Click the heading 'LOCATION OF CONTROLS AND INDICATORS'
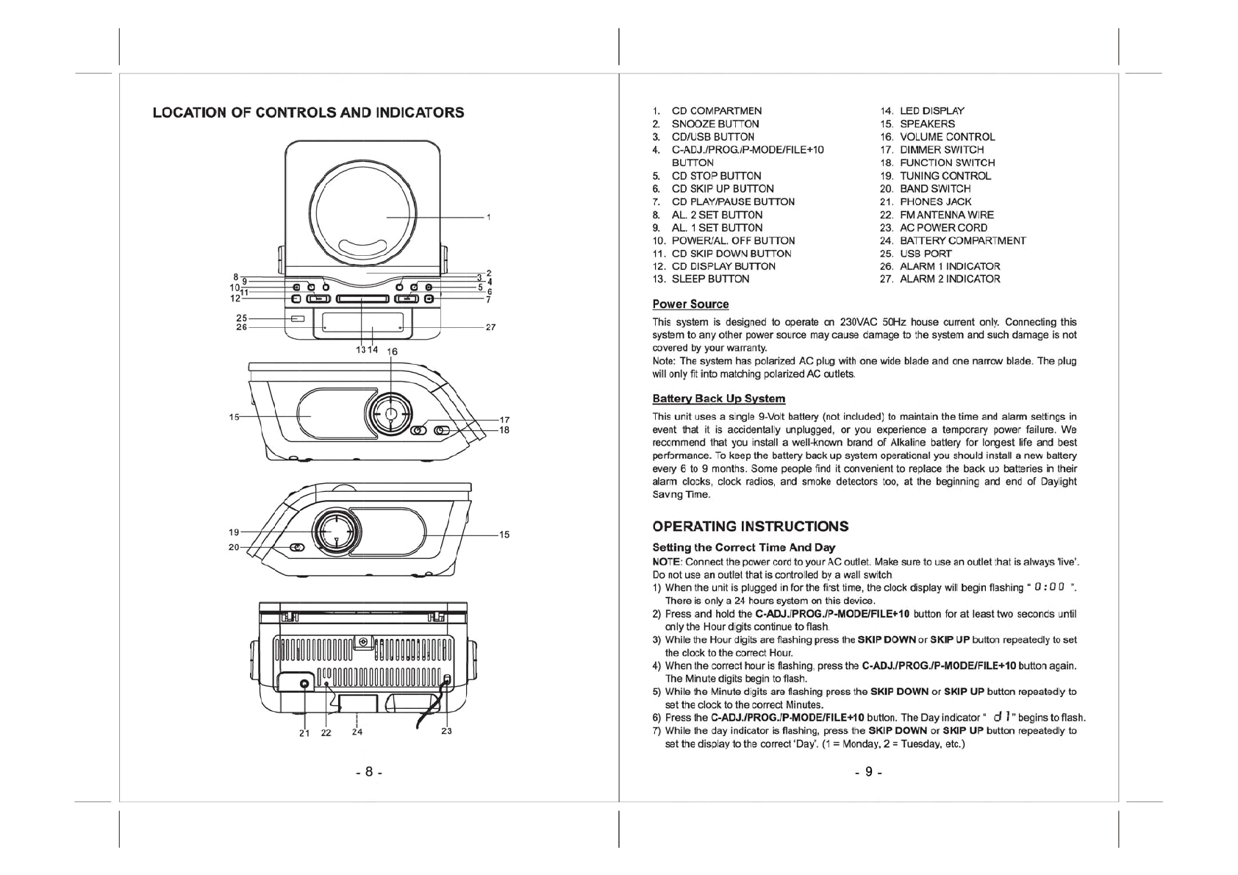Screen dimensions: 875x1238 click(x=308, y=113)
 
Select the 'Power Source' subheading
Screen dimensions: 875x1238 click(x=690, y=304)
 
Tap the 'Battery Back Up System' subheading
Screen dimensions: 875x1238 click(x=718, y=399)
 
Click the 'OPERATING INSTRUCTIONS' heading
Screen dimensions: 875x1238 click(x=750, y=526)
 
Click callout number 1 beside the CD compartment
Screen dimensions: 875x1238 click(x=489, y=218)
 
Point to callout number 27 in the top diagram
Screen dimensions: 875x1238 click(x=490, y=328)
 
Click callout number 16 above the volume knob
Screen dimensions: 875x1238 click(x=392, y=352)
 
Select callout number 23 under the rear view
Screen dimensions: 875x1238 click(x=446, y=731)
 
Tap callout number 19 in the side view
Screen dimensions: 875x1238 click(x=234, y=532)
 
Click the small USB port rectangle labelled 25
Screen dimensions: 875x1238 click(x=298, y=319)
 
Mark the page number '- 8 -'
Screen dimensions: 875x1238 click(x=369, y=772)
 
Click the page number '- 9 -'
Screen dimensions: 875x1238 click(x=868, y=772)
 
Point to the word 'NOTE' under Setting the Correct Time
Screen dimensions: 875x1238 click(x=665, y=562)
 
